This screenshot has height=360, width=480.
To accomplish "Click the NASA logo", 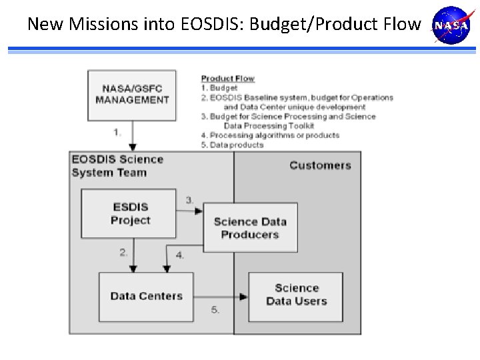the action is [451, 25].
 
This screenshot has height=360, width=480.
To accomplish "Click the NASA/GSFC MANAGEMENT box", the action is [132, 95].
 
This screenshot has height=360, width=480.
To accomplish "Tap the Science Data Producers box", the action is [250, 228].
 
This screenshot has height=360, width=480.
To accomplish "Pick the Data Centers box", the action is [146, 296].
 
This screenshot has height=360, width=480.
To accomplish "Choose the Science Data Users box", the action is [296, 295].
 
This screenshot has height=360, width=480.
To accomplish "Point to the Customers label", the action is [320, 165].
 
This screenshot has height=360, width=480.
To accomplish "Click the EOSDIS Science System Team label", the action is [117, 166].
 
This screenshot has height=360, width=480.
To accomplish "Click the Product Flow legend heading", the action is [227, 78].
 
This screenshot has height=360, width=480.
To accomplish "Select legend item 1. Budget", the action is [219, 87].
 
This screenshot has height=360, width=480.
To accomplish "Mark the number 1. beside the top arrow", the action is [117, 132].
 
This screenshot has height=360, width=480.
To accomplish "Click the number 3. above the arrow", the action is [190, 200].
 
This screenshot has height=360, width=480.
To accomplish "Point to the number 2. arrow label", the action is [123, 252].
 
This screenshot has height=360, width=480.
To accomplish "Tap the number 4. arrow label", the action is [180, 255].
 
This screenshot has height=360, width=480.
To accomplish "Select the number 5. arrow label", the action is [215, 310].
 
